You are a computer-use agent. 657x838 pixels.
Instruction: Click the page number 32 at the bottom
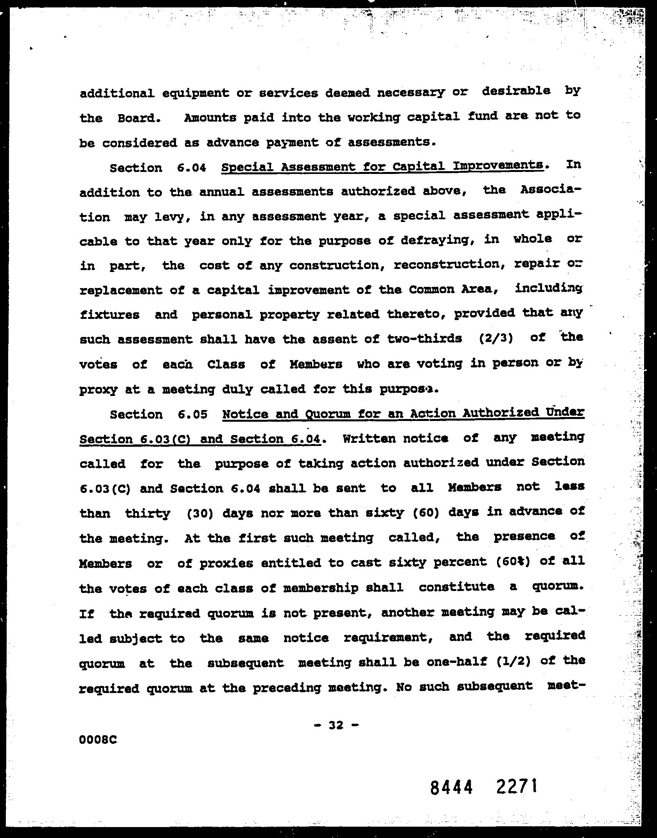point(336,725)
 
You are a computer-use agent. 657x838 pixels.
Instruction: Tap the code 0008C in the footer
point(98,740)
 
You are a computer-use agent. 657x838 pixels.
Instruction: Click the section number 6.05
point(192,414)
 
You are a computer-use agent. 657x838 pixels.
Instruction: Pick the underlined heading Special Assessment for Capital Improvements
point(382,167)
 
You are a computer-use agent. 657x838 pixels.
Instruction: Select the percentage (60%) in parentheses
point(511,562)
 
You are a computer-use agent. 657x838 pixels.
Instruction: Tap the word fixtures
point(109,315)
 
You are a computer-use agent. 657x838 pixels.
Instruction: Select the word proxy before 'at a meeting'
point(98,390)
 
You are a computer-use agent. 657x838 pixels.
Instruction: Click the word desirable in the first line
point(516,91)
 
